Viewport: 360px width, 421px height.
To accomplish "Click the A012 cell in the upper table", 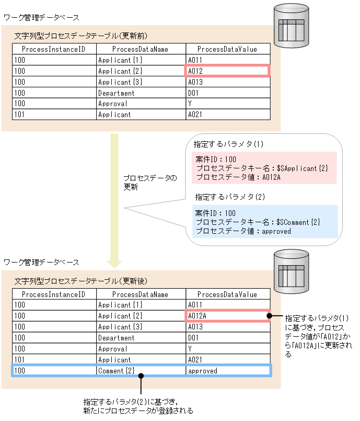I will click(x=227, y=71).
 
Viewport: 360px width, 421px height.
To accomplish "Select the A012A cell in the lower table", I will click(x=227, y=316).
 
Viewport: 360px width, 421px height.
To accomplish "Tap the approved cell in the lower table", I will click(x=227, y=371).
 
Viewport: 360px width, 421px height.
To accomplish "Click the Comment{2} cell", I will click(x=141, y=371).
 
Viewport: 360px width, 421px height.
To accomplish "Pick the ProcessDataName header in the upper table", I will click(x=141, y=49).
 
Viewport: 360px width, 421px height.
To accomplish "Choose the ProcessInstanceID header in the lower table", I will click(x=54, y=294).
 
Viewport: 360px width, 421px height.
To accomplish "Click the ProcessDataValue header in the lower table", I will click(x=227, y=294).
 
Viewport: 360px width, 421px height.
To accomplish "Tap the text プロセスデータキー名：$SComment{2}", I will click(x=258, y=222).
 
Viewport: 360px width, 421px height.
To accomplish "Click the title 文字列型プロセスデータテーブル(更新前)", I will click(x=81, y=36).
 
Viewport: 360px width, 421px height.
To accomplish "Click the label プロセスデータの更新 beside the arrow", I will click(x=150, y=183).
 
